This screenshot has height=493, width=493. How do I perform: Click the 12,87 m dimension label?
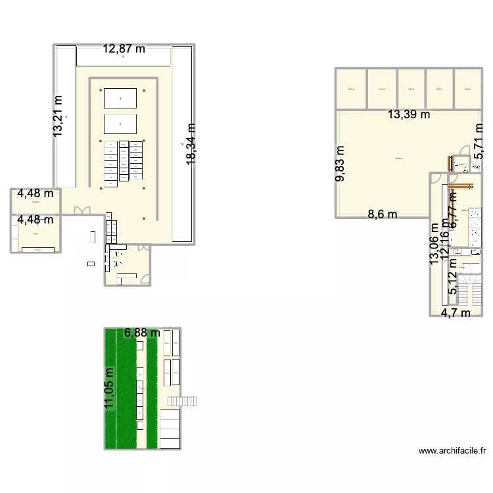point(124,49)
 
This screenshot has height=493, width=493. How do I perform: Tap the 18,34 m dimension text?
point(191,144)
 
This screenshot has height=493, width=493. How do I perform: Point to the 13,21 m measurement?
point(58,116)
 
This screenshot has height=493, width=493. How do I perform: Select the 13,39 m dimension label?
point(408,115)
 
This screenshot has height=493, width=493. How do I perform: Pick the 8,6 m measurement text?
point(383,214)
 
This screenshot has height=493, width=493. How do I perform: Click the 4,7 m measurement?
point(456,313)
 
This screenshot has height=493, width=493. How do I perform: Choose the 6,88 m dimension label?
point(142,333)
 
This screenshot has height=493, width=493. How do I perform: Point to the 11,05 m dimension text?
point(109,388)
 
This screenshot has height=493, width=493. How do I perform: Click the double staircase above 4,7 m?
point(471,287)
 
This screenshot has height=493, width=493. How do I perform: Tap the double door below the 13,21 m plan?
point(83,210)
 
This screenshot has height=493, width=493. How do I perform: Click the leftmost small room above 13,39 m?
point(352,89)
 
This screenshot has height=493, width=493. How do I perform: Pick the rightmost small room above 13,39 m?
point(468,89)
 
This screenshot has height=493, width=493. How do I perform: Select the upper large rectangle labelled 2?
point(120,99)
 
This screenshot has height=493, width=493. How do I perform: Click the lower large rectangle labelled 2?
point(120,124)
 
